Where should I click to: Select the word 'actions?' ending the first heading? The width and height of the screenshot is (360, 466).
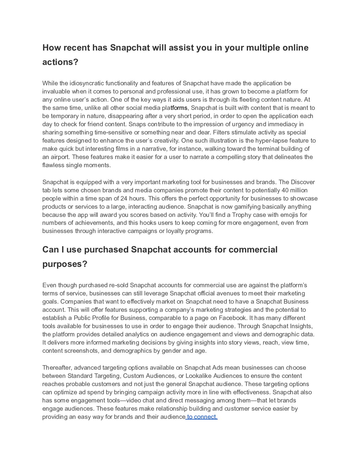60,62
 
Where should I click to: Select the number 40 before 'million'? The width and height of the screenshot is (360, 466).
285,190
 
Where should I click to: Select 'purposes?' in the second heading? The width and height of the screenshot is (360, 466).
65,264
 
